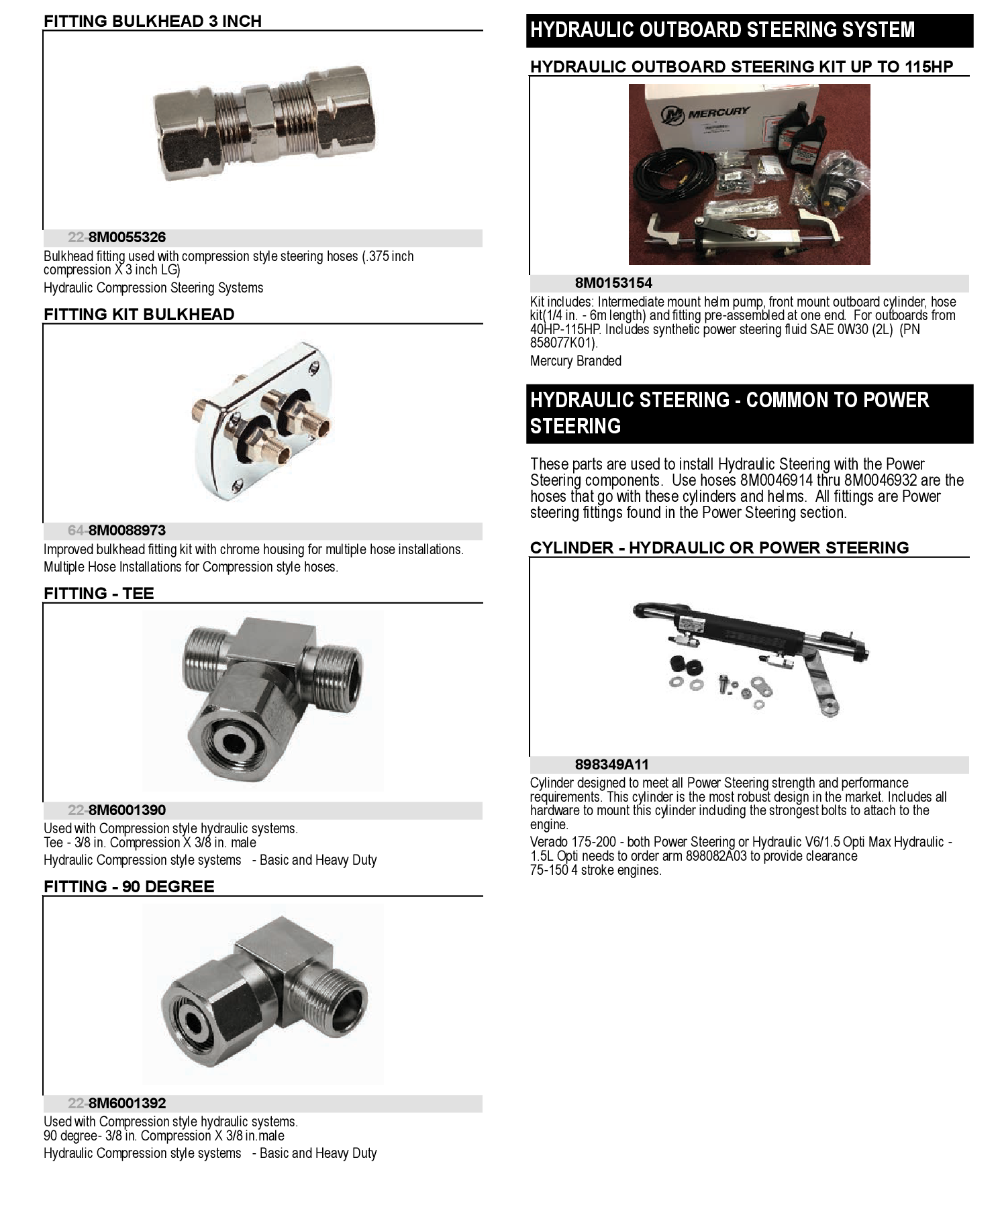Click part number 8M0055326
point(127,237)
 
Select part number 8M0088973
point(127,531)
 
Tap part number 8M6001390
point(127,810)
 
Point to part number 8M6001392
point(127,1104)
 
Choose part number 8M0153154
point(613,283)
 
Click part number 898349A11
point(611,765)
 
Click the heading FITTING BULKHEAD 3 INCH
point(152,21)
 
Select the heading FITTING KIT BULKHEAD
point(139,315)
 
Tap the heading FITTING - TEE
point(99,594)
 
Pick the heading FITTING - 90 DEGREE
point(129,887)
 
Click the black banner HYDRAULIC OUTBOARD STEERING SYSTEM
point(722,30)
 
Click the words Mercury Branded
point(576,361)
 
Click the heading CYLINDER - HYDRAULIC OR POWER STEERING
point(719,548)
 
